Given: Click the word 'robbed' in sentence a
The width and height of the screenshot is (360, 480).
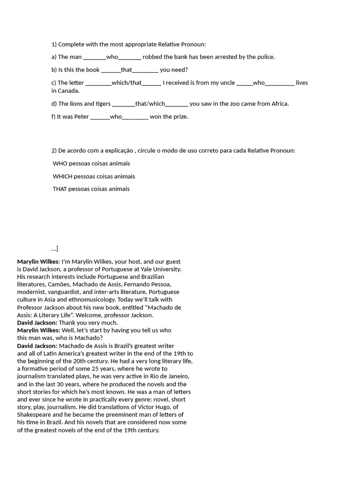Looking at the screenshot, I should tap(152, 57).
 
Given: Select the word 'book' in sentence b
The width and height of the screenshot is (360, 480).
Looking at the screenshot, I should tap(93, 70).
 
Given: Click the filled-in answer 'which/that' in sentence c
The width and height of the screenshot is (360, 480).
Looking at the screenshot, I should tap(127, 83).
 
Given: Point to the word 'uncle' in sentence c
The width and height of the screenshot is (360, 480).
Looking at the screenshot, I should tap(227, 83).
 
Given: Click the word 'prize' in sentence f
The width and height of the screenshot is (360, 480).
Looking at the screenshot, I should tap(180, 117).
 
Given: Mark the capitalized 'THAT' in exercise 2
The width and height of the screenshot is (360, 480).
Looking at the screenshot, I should tap(60, 189).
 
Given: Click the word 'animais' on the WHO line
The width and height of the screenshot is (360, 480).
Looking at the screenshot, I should tap(119, 164).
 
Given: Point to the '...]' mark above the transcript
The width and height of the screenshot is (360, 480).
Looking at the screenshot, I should tap(55, 248).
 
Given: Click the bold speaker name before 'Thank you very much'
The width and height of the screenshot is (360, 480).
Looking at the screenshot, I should tap(37, 323).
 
